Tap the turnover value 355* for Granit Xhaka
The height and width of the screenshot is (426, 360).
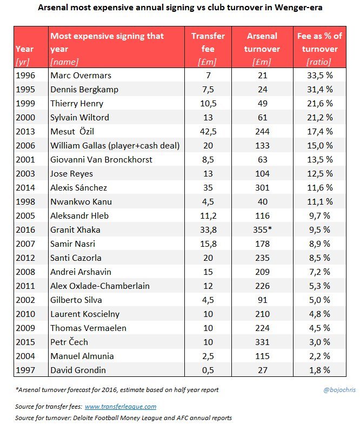tap(262, 229)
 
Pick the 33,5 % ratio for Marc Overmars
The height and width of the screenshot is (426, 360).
tap(319, 75)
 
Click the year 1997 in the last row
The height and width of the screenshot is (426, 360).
tap(25, 370)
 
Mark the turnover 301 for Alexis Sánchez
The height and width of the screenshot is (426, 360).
tap(262, 187)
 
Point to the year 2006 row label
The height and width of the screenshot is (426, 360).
tap(25, 145)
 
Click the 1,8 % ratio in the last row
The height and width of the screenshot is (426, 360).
tap(319, 370)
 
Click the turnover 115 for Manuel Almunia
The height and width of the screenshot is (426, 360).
tap(262, 356)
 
